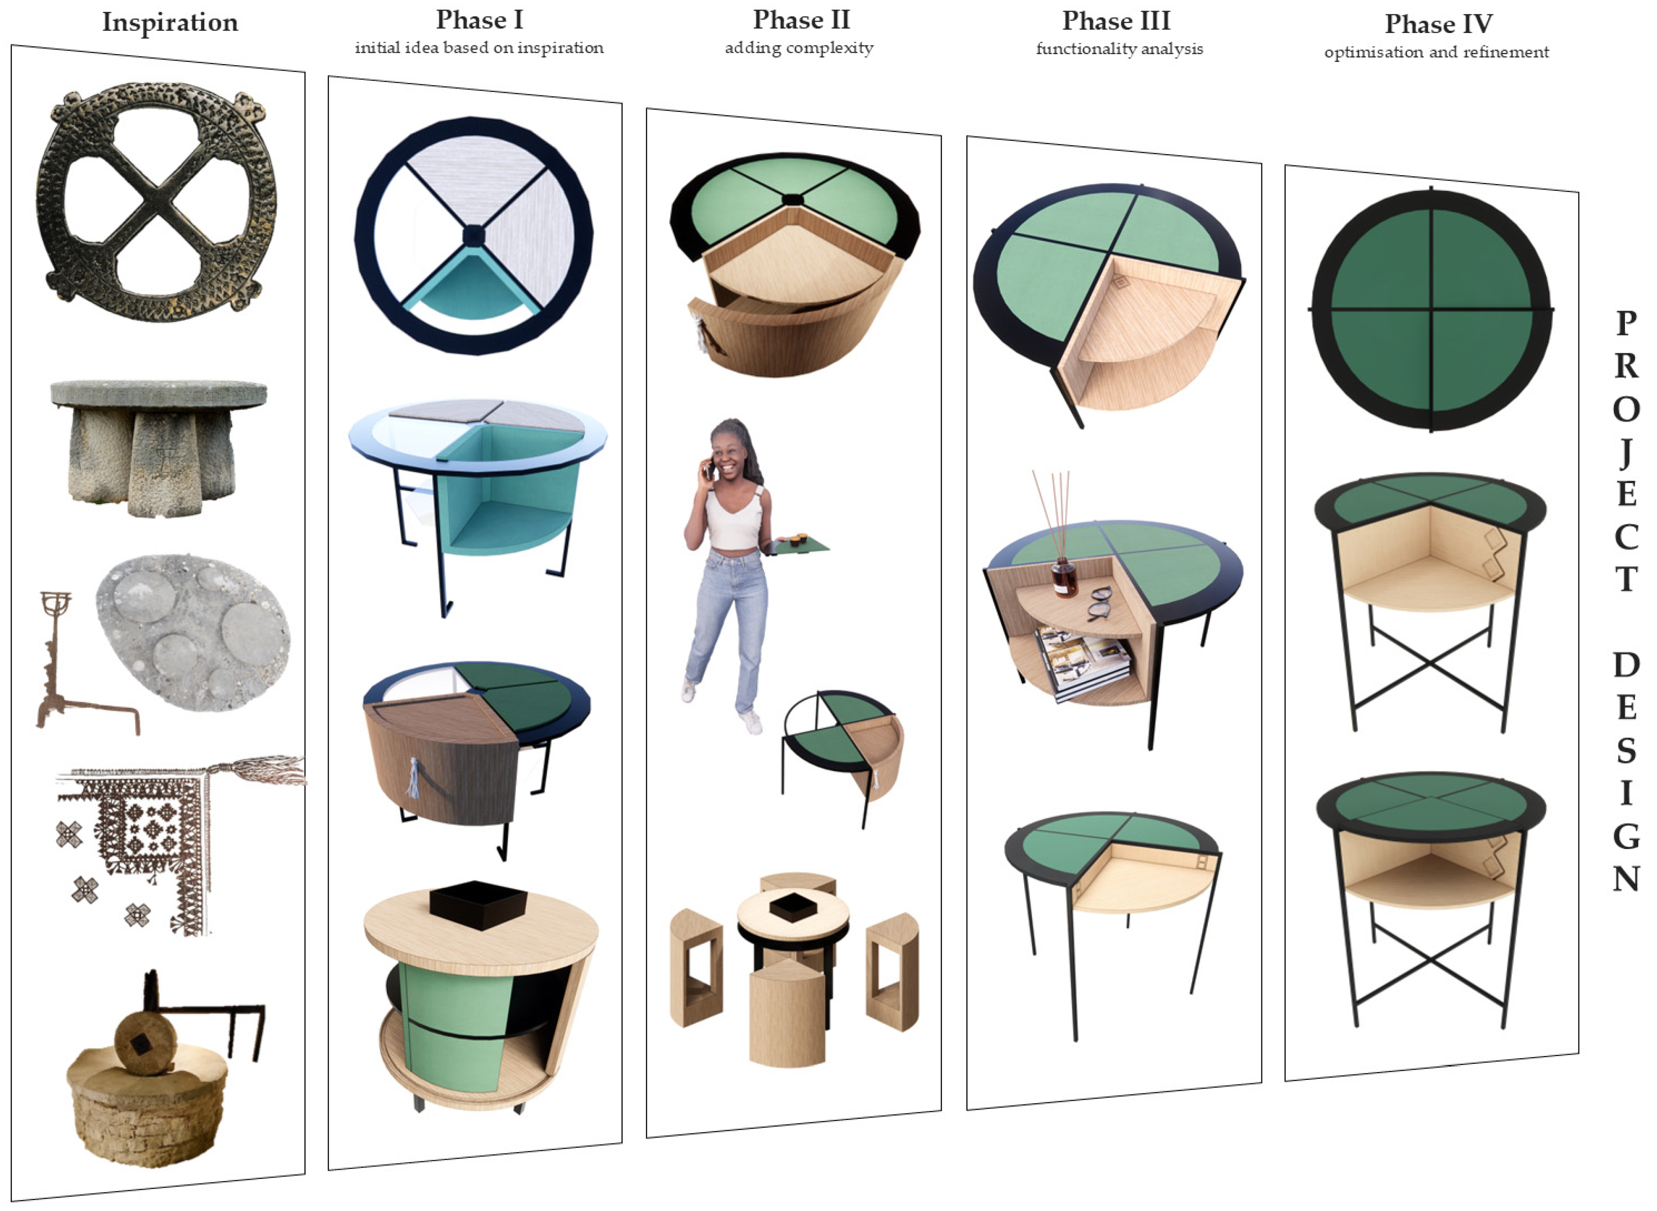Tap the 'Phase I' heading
(480, 20)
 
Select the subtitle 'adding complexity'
(799, 48)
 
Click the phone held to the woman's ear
(709, 469)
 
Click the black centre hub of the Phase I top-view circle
(474, 236)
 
